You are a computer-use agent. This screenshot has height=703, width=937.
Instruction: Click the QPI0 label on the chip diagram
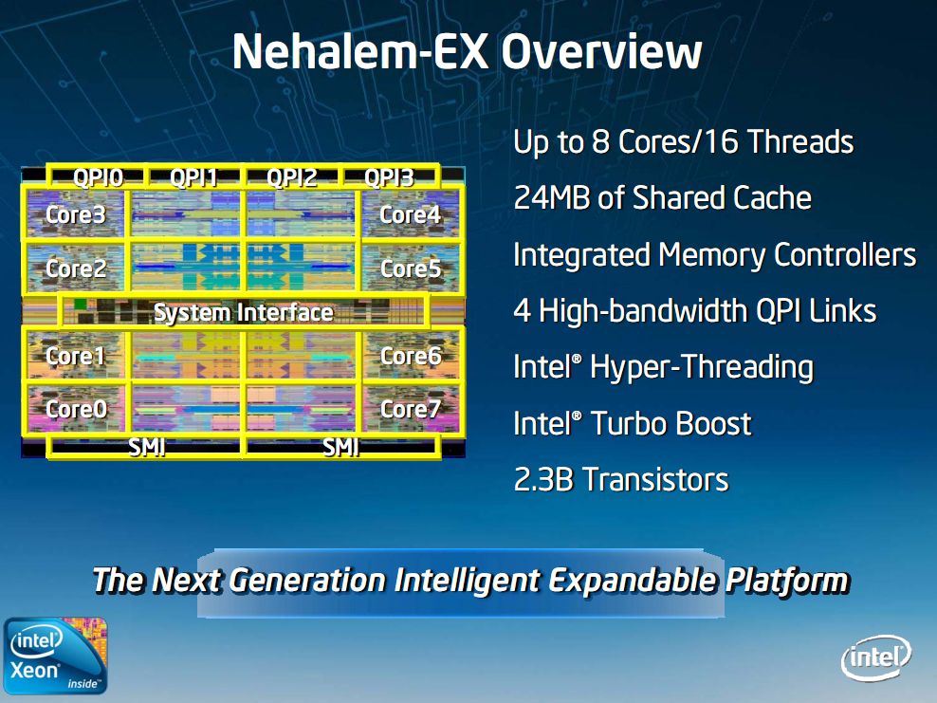tap(98, 177)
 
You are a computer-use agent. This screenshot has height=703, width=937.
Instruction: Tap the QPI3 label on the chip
tap(389, 177)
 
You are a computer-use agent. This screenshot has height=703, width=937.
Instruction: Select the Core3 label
tap(76, 214)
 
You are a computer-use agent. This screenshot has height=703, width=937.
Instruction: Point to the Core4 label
tap(410, 214)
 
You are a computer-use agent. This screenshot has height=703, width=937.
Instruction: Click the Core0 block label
tap(76, 409)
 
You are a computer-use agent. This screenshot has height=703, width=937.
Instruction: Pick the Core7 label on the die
tap(410, 409)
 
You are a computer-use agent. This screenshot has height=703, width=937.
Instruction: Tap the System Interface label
tap(243, 312)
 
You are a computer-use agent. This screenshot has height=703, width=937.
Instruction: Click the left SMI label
tap(147, 447)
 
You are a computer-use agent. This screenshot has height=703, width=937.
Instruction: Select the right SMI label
tap(340, 447)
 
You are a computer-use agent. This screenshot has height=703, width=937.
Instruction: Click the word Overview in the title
tap(601, 51)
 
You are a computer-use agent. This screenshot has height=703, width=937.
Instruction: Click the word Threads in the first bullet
tap(800, 142)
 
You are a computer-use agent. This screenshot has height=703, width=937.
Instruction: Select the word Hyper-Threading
tap(702, 367)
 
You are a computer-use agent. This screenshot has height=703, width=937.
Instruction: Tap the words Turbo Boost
tap(671, 423)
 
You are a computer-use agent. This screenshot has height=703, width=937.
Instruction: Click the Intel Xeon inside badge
tap(55, 655)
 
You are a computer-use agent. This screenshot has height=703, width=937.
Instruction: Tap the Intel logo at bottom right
tap(875, 657)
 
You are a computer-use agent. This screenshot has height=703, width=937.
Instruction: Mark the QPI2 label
tap(291, 177)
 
